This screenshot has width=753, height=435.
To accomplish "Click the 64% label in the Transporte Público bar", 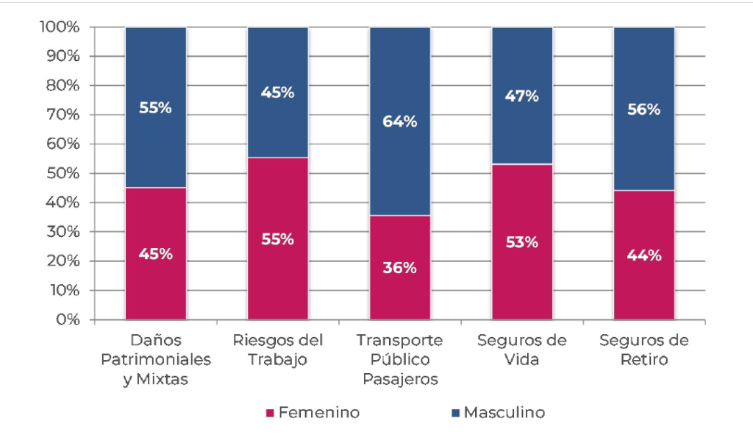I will point(399,122).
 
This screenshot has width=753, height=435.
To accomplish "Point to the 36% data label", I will point(399,268).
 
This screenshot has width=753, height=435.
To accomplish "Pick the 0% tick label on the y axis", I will point(68,320).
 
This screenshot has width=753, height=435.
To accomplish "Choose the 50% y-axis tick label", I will point(65,174).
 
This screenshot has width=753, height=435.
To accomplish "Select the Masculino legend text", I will point(504,413).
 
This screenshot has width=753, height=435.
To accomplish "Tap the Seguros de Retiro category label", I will point(643,350).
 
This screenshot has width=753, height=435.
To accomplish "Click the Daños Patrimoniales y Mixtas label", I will point(155,360).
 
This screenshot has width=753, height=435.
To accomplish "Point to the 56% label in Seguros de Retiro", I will point(643,109).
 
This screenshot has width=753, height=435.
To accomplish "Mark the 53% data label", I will point(521,242).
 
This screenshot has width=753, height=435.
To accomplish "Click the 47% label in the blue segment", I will point(521,96).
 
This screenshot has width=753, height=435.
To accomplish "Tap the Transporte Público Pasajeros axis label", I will point(399,360).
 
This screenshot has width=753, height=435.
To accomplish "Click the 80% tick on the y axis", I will point(65,85).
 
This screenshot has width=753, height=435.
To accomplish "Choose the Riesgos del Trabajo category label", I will point(277,350).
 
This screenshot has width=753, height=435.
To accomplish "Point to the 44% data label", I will point(643,255).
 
